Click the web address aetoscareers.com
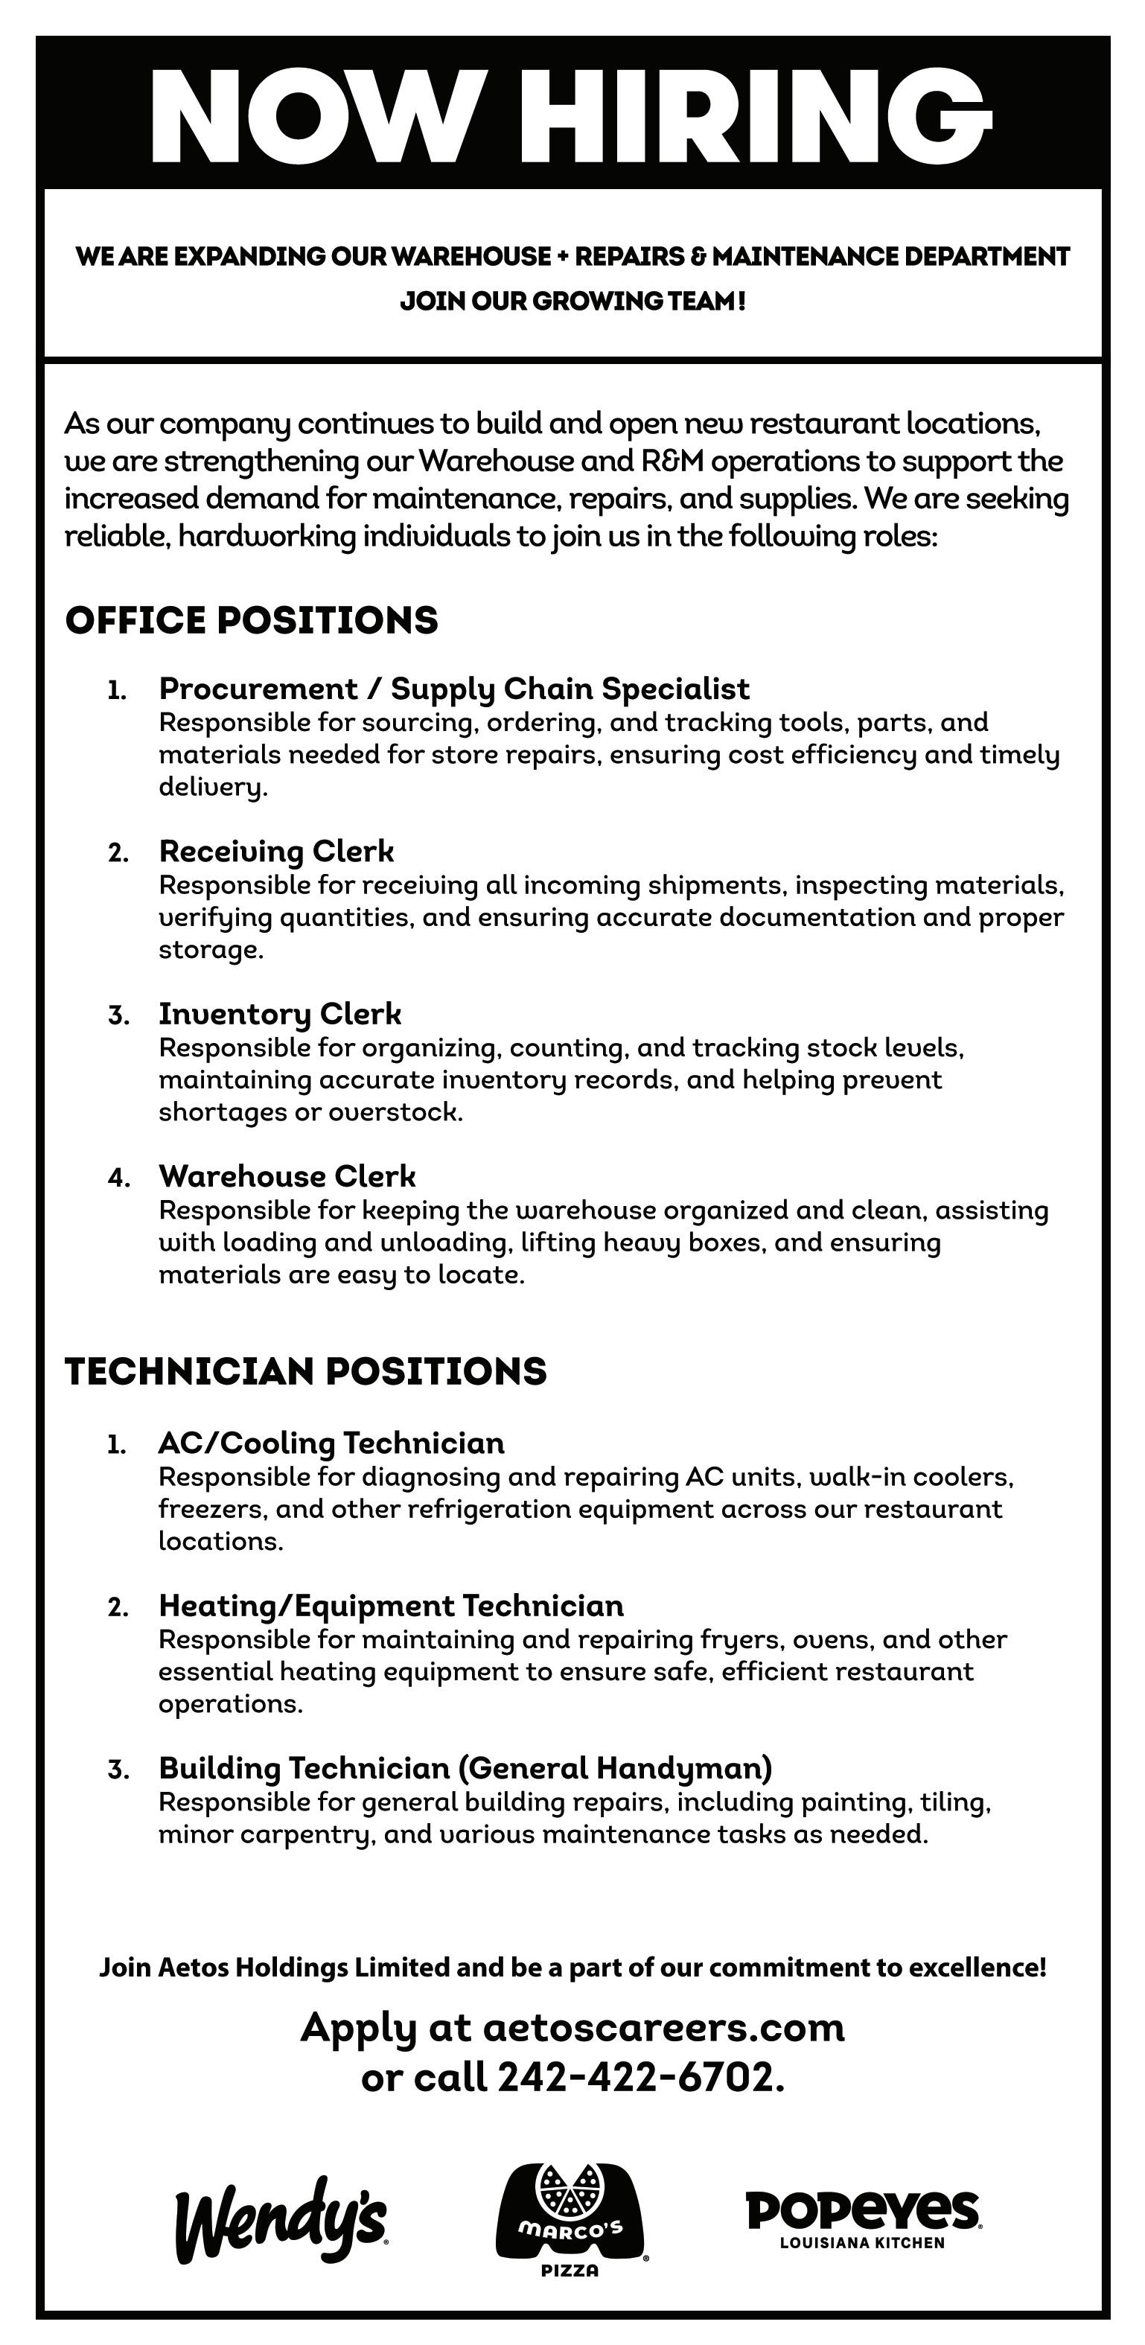click(x=663, y=2027)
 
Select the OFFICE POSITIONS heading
click(x=251, y=620)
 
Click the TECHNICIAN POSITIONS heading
click(x=306, y=1371)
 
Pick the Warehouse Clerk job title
click(x=287, y=1176)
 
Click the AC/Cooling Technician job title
click(x=331, y=1443)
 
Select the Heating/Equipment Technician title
click(x=392, y=1606)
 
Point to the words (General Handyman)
click(x=615, y=1768)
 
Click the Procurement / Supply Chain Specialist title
click(x=454, y=689)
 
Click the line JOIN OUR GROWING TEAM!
click(x=572, y=301)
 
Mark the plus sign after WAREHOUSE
click(x=563, y=257)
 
